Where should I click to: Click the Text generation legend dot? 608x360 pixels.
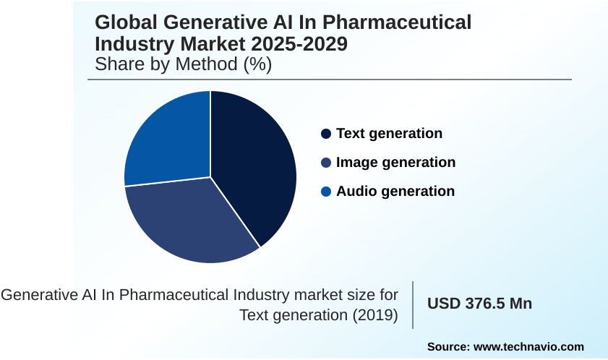(x=326, y=134)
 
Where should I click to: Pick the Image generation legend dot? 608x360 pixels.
(x=326, y=163)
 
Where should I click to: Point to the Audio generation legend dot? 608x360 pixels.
(x=326, y=192)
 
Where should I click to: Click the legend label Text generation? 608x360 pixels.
(x=389, y=134)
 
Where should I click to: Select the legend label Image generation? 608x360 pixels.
(x=395, y=163)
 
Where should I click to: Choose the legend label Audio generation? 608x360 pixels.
(x=395, y=192)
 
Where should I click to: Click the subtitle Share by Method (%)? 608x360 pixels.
(x=183, y=64)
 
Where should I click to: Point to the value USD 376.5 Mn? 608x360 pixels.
(x=479, y=304)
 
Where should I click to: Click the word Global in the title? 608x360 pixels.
(x=127, y=22)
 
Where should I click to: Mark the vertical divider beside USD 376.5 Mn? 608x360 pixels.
(x=413, y=304)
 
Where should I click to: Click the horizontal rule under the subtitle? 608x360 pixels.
(x=333, y=80)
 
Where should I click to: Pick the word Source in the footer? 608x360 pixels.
(x=447, y=347)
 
